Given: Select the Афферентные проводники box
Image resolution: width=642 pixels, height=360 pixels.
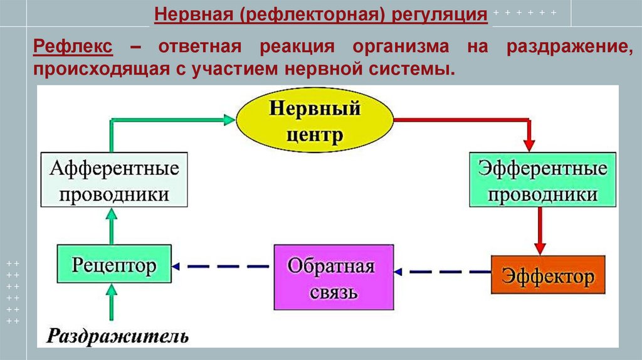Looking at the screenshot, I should [x=115, y=179].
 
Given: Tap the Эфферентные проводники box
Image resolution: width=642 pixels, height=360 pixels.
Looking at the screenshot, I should [x=542, y=180].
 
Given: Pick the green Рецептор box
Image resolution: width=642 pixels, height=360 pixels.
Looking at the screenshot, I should [x=114, y=266].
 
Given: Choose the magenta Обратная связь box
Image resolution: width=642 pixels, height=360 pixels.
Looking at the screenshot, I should [x=334, y=276].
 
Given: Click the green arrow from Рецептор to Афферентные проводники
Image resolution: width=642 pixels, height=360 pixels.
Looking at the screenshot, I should [x=112, y=226].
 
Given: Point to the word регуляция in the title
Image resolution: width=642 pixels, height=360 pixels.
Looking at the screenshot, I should [x=440, y=13].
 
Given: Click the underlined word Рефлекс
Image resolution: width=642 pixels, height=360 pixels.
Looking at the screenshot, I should [x=73, y=46].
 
